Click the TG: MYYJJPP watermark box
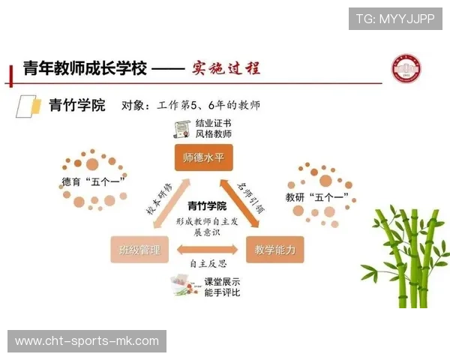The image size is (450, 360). [395, 19]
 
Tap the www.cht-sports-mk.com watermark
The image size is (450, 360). [87, 341]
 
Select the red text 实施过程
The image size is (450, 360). [224, 68]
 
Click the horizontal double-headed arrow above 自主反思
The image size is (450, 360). [207, 249]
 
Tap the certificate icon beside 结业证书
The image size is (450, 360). [180, 128]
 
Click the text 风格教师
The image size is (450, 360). [214, 134]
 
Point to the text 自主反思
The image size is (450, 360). [208, 264]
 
